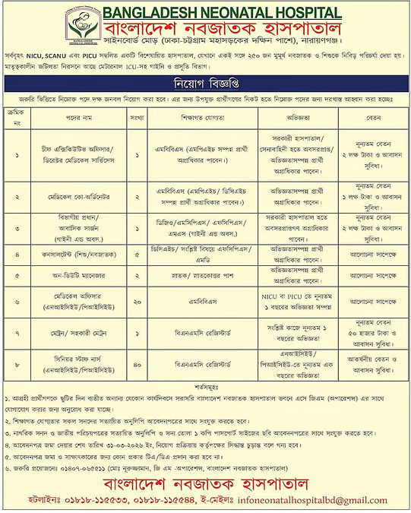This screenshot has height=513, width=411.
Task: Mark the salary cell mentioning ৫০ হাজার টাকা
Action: point(364,330)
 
